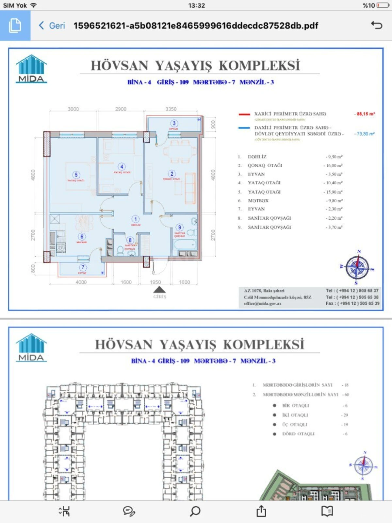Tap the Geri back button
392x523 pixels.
(x=52, y=25)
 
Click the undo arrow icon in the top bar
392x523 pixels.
(x=376, y=25)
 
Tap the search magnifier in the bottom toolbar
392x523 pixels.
(x=195, y=511)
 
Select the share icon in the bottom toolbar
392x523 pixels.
(x=261, y=511)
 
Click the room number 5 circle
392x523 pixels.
(x=76, y=175)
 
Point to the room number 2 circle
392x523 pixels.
(x=172, y=174)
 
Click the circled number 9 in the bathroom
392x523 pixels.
(x=179, y=228)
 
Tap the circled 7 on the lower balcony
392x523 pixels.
(x=83, y=267)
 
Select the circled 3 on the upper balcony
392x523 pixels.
(x=174, y=123)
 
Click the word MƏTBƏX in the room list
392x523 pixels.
(x=258, y=201)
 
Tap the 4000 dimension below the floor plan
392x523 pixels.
(x=81, y=282)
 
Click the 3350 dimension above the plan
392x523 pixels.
(x=171, y=109)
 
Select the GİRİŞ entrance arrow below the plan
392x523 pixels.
(x=159, y=290)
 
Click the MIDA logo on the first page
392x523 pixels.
(x=31, y=69)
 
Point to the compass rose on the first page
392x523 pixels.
(x=357, y=267)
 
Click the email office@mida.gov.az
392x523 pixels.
(x=263, y=304)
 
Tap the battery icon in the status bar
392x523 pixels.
(x=383, y=5)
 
